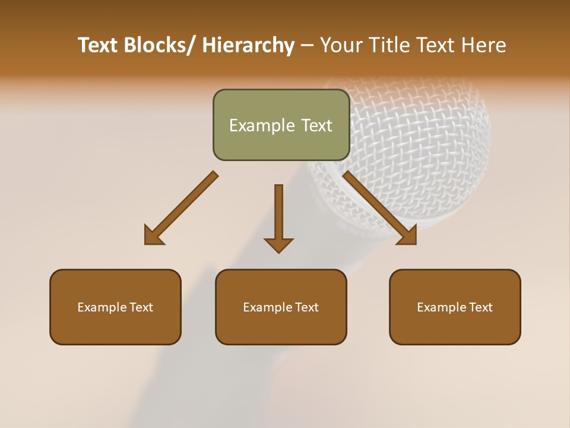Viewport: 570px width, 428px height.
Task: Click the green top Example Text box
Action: pyautogui.click(x=281, y=125)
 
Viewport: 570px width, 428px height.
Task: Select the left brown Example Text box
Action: pyautogui.click(x=115, y=307)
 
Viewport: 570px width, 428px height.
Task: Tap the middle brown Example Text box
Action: pyautogui.click(x=281, y=307)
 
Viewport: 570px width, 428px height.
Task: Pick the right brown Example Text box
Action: pyautogui.click(x=455, y=307)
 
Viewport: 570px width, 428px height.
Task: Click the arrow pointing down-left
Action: pyautogui.click(x=181, y=208)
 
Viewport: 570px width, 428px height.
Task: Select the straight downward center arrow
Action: pyautogui.click(x=278, y=217)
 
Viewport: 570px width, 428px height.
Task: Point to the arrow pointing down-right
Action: pyautogui.click(x=380, y=208)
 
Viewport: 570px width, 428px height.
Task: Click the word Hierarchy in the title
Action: pyautogui.click(x=248, y=45)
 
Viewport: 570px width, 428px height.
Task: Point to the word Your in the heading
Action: pyautogui.click(x=340, y=45)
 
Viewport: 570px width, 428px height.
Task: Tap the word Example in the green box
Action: pyautogui.click(x=262, y=125)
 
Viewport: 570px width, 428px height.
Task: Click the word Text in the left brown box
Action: pyautogui.click(x=141, y=307)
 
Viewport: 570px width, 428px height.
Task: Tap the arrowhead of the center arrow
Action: pyautogui.click(x=278, y=244)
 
